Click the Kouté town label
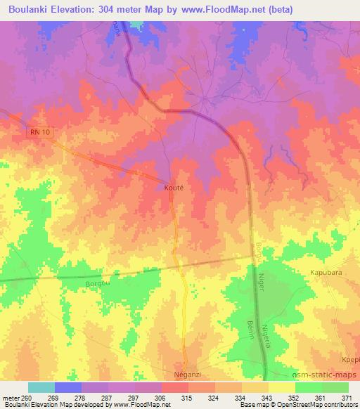[174, 189]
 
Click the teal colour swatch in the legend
[41, 387]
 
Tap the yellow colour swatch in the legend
[281, 387]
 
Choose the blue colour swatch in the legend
[68, 387]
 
